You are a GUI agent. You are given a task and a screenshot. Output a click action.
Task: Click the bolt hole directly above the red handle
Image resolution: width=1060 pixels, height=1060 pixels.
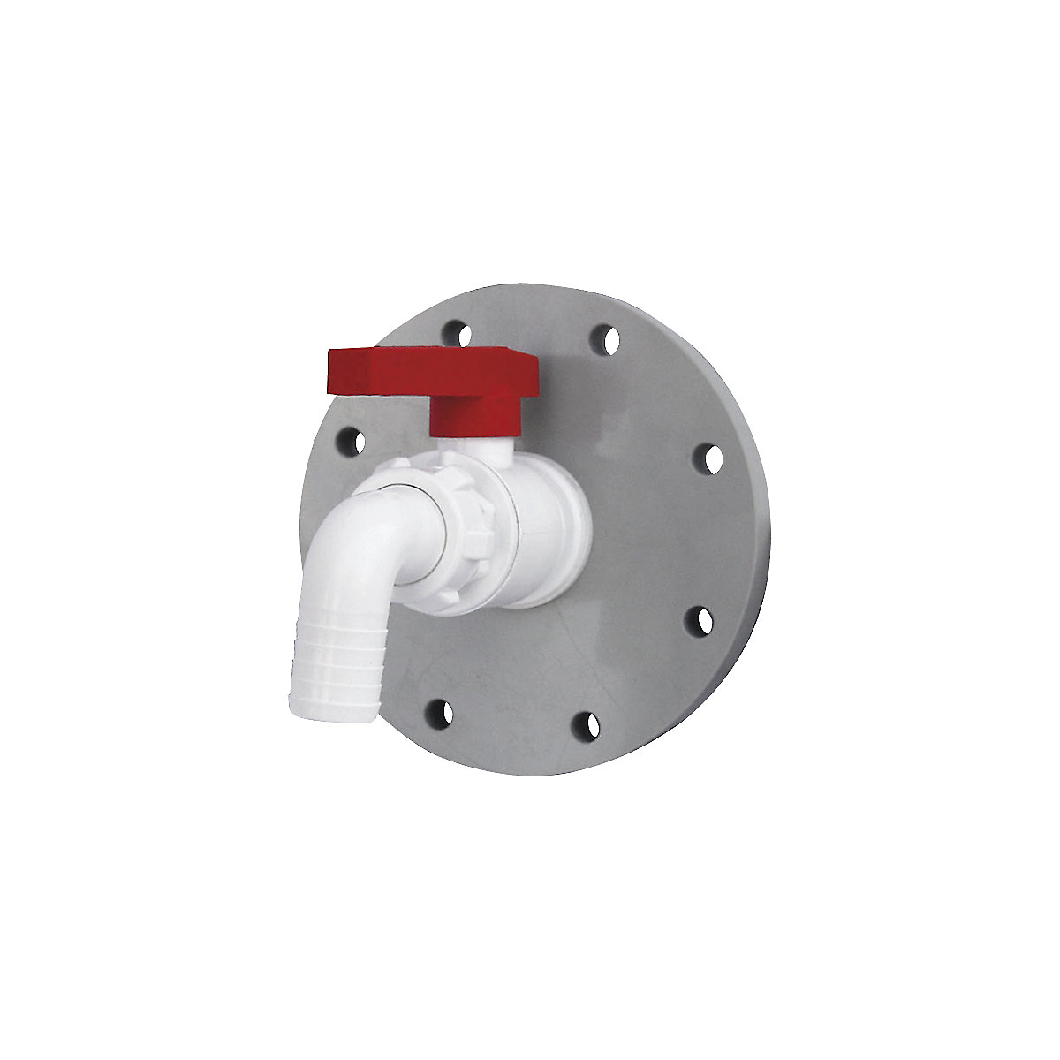point(455,332)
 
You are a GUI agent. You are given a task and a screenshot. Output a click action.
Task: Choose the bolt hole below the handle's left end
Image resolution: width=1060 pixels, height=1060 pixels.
point(351,439)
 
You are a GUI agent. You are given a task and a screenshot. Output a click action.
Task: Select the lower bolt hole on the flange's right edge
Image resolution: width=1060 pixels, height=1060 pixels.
point(700,619)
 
